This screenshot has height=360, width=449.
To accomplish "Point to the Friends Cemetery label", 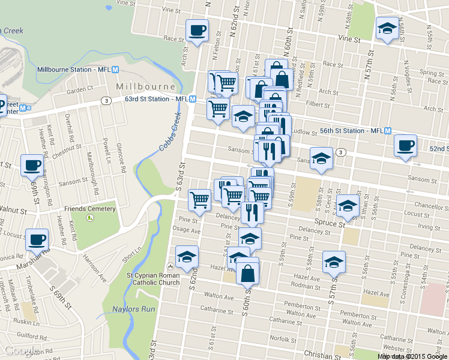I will point(90,209).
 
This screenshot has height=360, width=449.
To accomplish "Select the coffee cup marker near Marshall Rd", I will point(37,240).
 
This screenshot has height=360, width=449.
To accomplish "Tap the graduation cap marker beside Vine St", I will point(387,28).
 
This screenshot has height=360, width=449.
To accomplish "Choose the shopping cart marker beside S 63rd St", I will point(199,200).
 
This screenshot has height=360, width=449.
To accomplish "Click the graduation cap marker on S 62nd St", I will point(187,257).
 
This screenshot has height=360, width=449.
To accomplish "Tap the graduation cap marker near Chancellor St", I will point(347,206).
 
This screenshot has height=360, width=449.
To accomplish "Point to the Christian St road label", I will point(319,354).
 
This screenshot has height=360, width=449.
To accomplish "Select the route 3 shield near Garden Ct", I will point(105,100).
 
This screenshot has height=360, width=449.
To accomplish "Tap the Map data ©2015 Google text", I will point(412,356).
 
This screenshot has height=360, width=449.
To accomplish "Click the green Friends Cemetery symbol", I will point(90,217).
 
